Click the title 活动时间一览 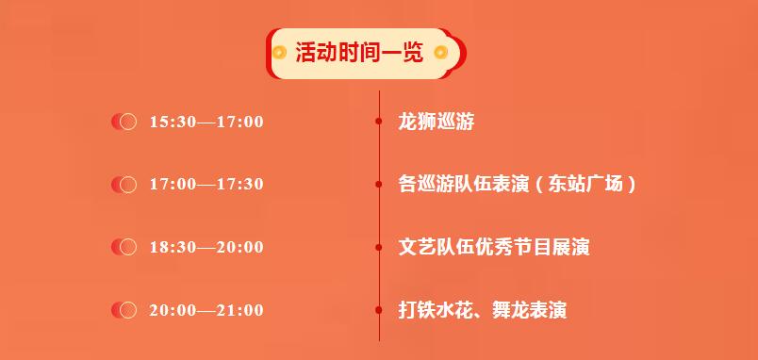[359, 52]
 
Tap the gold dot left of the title [279, 52]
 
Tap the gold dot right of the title [440, 52]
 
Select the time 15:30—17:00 [206, 122]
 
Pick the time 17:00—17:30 [206, 184]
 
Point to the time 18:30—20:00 [206, 248]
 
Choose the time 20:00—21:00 [206, 310]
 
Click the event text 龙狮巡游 [437, 122]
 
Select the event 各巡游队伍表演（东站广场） [517, 184]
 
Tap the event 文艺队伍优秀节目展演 [494, 248]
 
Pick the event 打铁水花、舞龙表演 [483, 310]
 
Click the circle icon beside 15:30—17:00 [124, 122]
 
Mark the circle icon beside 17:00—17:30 [124, 185]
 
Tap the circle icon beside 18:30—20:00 [124, 247]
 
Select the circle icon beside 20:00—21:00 [124, 310]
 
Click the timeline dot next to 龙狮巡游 [379, 122]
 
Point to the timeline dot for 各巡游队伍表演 [379, 184]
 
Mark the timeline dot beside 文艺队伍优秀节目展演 [379, 248]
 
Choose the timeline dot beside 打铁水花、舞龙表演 [379, 310]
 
